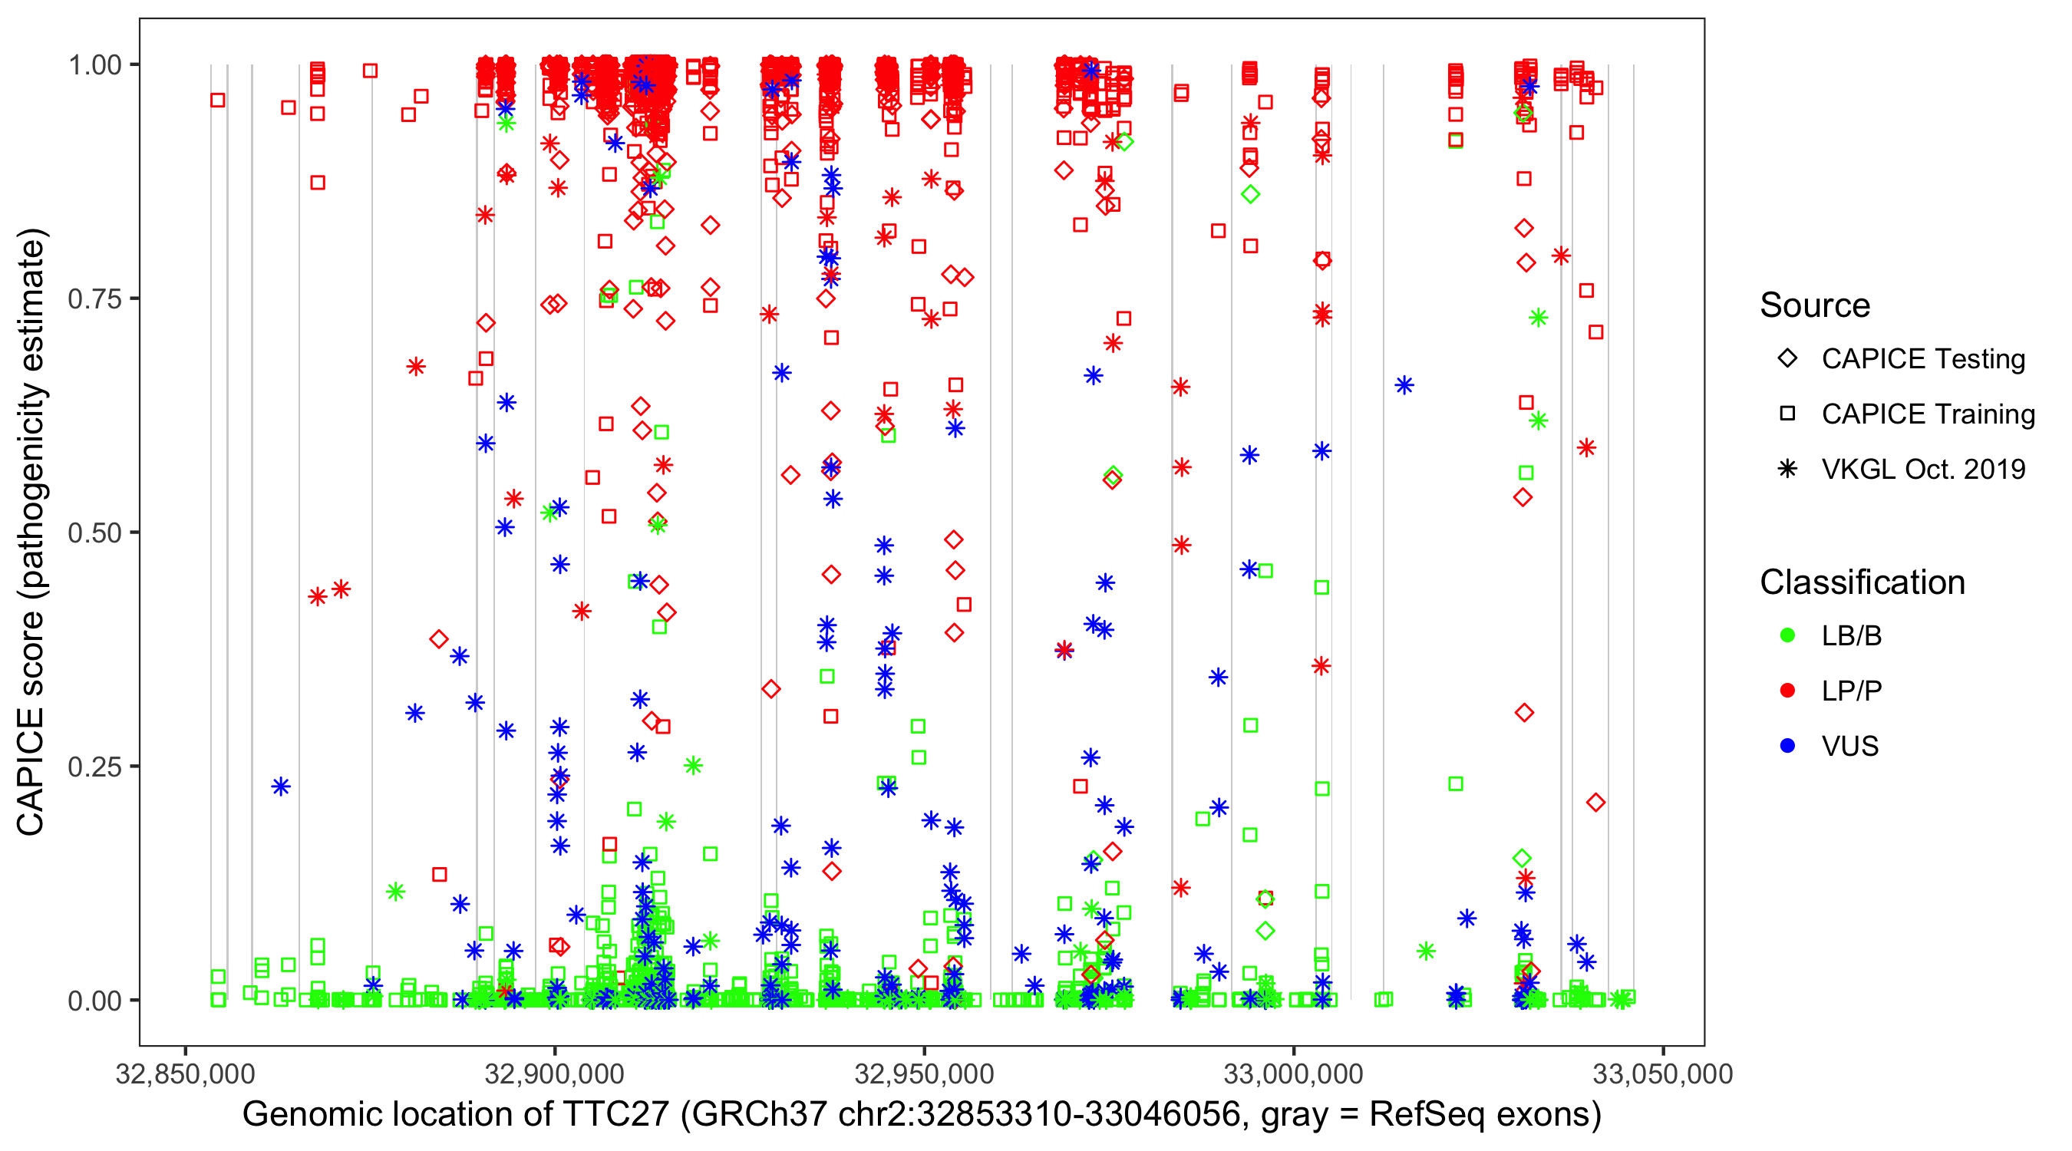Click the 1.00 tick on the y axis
(94, 64)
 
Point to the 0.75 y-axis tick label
(94, 298)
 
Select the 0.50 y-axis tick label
(94, 533)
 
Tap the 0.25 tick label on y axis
(94, 767)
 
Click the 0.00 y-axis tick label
(94, 1001)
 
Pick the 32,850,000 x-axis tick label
(185, 1073)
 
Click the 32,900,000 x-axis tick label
(554, 1073)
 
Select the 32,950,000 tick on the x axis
(924, 1073)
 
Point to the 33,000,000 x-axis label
(1293, 1073)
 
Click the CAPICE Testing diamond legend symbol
(1788, 359)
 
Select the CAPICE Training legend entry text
(1928, 414)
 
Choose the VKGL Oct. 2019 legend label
(1923, 469)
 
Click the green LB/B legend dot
(1788, 635)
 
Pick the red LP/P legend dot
(1788, 691)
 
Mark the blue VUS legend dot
(1788, 746)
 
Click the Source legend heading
(1815, 305)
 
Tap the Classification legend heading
(1862, 582)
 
